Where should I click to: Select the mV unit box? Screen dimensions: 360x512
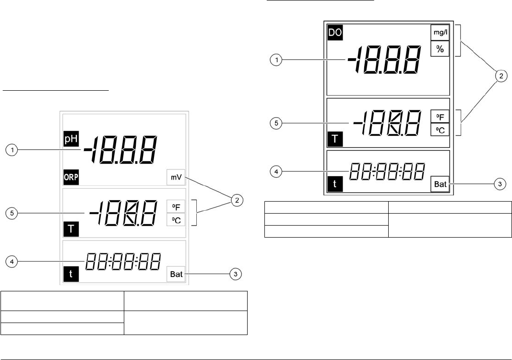point(176,177)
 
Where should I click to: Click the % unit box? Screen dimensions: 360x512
point(440,49)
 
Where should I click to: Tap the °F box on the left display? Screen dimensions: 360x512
point(176,206)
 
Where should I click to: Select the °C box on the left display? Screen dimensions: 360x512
point(176,219)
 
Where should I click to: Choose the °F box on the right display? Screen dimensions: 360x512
point(440,117)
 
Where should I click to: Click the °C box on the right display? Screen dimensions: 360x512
point(440,129)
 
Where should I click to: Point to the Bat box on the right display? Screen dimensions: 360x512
point(440,184)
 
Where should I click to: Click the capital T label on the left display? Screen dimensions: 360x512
point(71,228)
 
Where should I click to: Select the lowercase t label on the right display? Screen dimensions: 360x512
point(334,184)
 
